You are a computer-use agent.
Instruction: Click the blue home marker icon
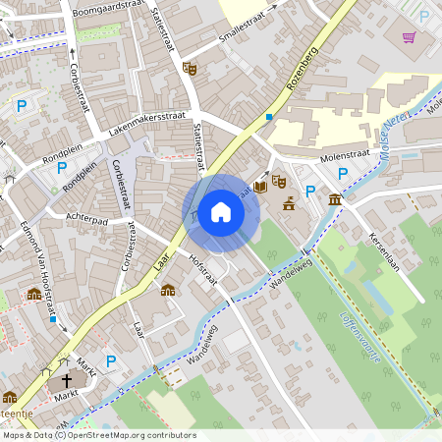tap(221, 212)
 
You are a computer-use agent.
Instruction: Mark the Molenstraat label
tap(343, 157)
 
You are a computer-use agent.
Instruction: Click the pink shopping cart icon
tap(409, 37)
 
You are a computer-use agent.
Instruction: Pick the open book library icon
tap(260, 185)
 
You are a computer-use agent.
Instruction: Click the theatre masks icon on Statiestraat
tap(190, 68)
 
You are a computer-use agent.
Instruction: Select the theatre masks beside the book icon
tap(279, 182)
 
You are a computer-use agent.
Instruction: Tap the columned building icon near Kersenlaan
tap(336, 200)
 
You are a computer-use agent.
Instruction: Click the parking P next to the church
tap(111, 361)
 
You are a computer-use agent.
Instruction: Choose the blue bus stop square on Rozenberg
tap(268, 117)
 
